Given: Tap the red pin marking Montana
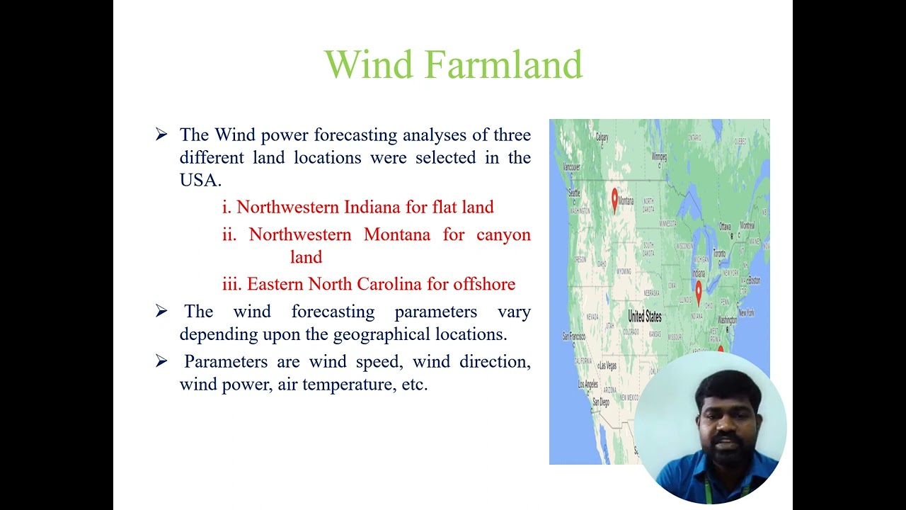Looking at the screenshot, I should (614, 198).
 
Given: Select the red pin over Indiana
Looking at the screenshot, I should (699, 290).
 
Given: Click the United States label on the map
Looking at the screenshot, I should (645, 317).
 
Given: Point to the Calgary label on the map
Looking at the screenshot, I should (602, 137).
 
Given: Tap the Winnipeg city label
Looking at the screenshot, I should (659, 156).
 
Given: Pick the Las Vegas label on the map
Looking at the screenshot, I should (607, 365).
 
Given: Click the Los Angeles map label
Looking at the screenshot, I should (587, 385).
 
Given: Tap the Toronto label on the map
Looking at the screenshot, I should (718, 253).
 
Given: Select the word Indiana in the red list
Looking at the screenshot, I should (372, 208).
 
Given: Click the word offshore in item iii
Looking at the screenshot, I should (484, 285).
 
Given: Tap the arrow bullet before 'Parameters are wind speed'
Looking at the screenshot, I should (161, 362).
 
